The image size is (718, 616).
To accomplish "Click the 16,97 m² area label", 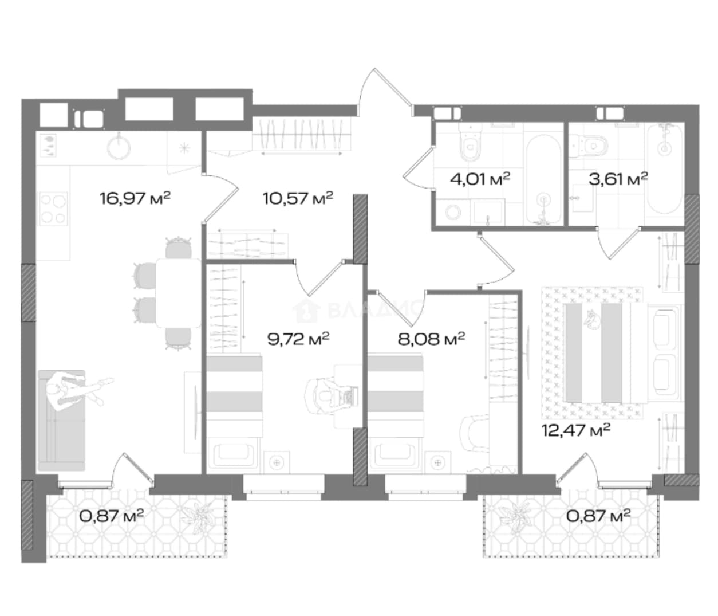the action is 135,198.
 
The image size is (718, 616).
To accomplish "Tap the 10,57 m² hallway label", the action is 298,198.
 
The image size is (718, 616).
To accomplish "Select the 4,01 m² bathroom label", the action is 480,179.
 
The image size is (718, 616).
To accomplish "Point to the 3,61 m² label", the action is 618,179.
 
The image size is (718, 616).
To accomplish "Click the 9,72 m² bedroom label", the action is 298,339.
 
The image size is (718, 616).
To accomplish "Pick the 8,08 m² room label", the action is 431,339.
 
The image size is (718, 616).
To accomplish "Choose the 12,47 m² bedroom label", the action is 576,430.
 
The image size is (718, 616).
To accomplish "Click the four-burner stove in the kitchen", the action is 53,209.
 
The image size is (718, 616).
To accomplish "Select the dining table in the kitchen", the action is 178,293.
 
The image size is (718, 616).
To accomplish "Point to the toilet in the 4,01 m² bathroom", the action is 471,143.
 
